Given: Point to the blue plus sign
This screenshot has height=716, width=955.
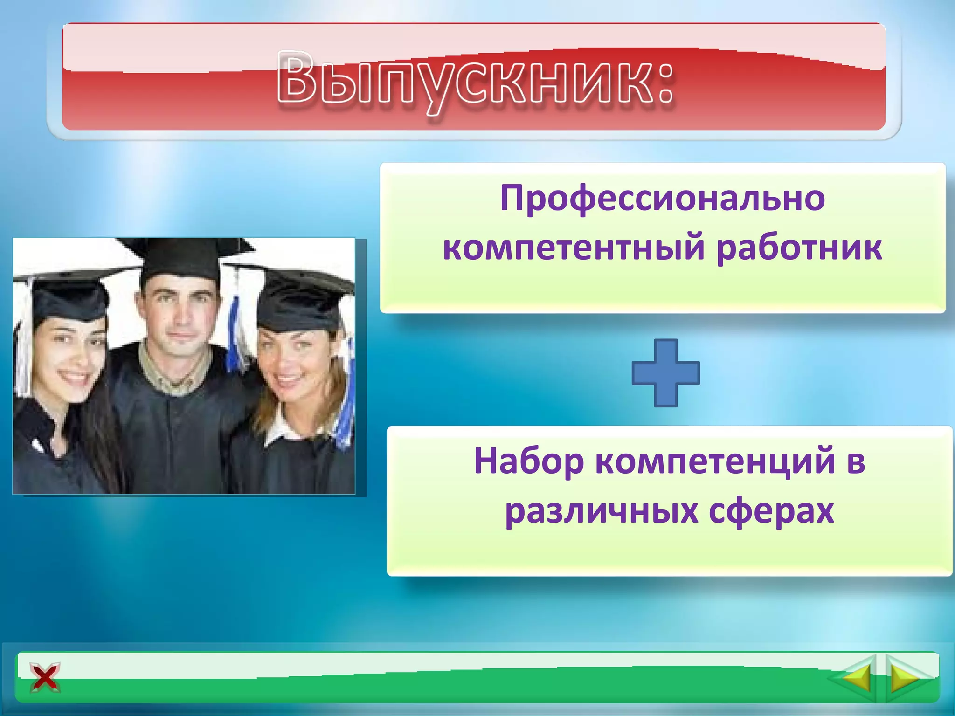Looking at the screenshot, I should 665,373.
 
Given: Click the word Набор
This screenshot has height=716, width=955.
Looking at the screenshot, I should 529,461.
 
